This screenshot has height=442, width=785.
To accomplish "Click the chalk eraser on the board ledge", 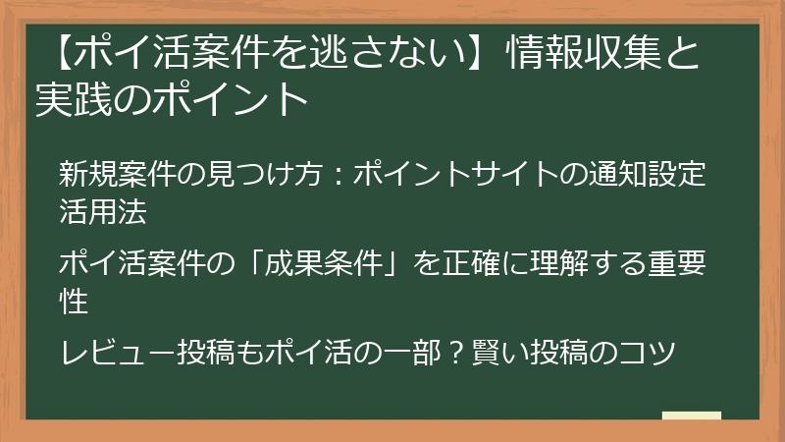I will coord(691,416).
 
